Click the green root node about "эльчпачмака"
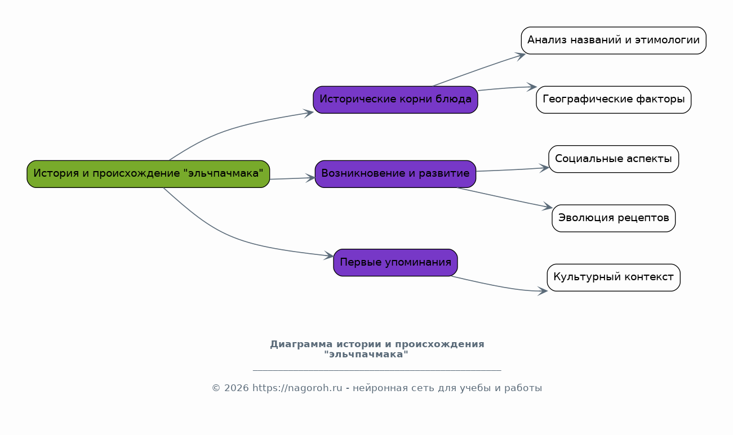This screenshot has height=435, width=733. tap(148, 174)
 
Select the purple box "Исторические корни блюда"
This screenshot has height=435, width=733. tap(396, 100)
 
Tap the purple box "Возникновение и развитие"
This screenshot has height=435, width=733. tap(396, 174)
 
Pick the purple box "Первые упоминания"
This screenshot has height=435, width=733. tap(396, 262)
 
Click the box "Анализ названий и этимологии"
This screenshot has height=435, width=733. tap(614, 41)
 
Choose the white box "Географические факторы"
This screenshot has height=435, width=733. tap(614, 100)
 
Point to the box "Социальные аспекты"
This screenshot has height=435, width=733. tap(614, 159)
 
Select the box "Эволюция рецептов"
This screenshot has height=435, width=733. tap(614, 218)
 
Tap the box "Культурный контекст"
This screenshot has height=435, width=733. tap(614, 277)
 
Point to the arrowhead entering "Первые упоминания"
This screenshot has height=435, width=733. tap(328, 255)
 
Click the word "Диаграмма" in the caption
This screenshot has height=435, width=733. tap(301, 344)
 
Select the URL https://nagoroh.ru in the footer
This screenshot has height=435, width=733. tap(297, 388)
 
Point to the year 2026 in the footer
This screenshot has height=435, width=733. tap(236, 388)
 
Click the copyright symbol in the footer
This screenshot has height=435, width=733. tap(216, 388)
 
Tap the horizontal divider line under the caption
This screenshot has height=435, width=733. tap(377, 370)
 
